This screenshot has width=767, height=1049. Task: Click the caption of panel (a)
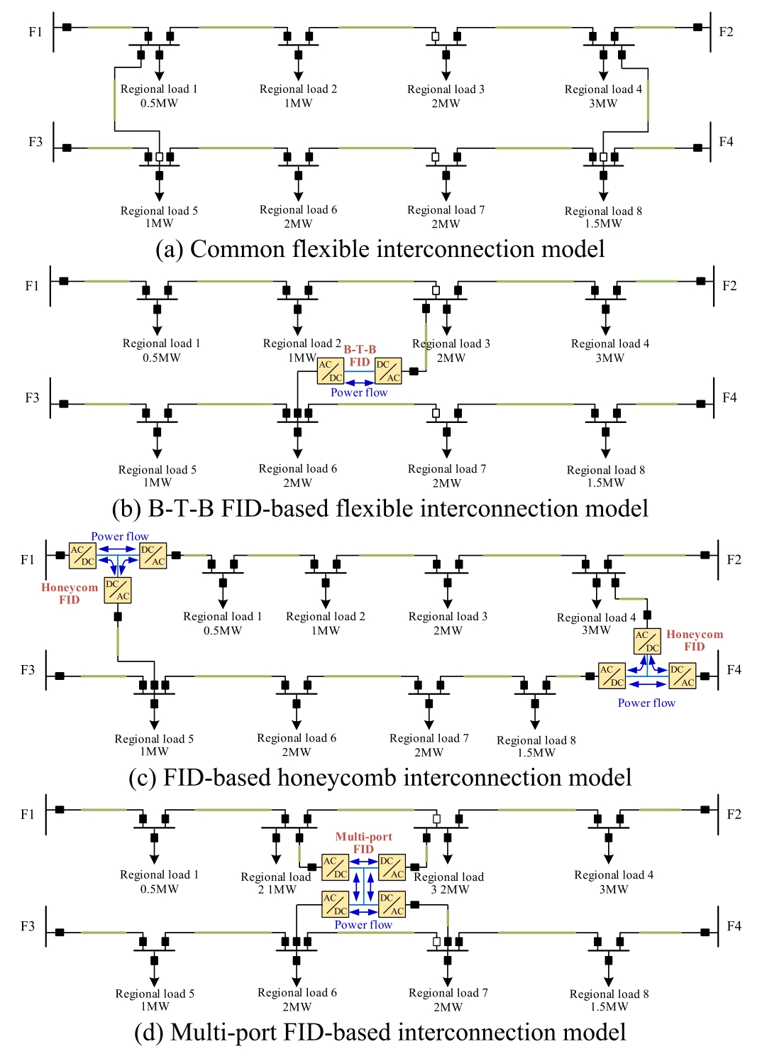[380, 249]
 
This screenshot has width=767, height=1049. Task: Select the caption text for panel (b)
[380, 509]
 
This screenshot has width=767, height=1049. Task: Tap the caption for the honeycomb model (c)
[380, 778]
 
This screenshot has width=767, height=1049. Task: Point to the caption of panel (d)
[380, 1033]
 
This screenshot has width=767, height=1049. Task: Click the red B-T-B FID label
[360, 356]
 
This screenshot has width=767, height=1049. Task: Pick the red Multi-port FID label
[363, 842]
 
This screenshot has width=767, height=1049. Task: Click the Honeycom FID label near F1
[70, 593]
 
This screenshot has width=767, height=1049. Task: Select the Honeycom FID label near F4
[695, 640]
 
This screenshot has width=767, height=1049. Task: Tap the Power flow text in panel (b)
[359, 392]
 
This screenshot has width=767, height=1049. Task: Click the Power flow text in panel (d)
[363, 925]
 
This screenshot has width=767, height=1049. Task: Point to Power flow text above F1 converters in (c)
[120, 537]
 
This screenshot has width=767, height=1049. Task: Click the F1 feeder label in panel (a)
[35, 32]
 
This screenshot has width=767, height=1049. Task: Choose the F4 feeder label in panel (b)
[729, 397]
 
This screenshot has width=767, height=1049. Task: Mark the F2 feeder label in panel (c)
[734, 560]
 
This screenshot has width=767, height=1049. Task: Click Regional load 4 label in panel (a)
[603, 96]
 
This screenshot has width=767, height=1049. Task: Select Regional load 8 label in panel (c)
[536, 746]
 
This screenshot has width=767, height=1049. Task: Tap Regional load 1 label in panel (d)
[159, 882]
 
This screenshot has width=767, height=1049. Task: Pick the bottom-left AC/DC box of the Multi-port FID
[335, 904]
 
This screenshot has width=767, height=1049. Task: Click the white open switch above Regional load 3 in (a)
[436, 36]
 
